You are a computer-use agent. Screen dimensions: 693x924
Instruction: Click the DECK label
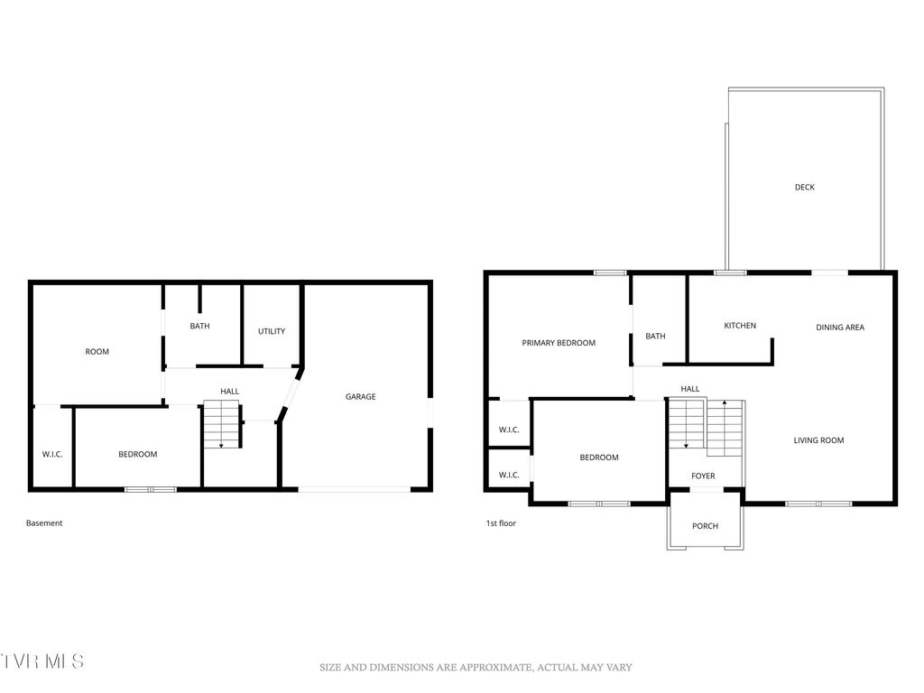[x=804, y=188]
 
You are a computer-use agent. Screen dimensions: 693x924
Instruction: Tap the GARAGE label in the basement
[x=360, y=396]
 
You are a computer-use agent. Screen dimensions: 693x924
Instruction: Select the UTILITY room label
[x=272, y=331]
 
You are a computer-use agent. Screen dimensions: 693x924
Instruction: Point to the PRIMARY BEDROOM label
[x=559, y=343]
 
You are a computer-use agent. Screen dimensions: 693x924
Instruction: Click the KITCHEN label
[x=740, y=326]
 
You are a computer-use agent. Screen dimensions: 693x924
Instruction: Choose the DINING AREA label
[x=840, y=328]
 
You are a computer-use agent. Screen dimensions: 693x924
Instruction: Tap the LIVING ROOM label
[x=818, y=440]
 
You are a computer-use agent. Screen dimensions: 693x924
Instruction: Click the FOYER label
[x=703, y=476]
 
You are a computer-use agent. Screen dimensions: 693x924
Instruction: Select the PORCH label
[x=705, y=526]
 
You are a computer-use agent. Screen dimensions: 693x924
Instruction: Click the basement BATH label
[x=199, y=326]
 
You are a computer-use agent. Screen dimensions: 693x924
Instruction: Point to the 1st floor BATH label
[x=655, y=337]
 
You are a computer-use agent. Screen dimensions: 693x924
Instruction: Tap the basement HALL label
[x=230, y=392]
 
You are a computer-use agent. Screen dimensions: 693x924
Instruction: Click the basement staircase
[x=222, y=426]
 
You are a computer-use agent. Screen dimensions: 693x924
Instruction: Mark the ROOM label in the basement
[x=97, y=352]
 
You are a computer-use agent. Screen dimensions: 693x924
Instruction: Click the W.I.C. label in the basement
[x=52, y=454]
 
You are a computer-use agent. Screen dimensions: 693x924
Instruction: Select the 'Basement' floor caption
[x=44, y=523]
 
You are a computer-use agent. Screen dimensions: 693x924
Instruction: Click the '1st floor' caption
[x=501, y=522]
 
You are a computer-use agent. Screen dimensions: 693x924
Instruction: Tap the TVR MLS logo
[x=42, y=661]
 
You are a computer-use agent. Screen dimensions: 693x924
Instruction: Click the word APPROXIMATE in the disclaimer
[x=486, y=668]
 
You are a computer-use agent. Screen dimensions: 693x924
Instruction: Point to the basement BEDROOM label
[x=137, y=454]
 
